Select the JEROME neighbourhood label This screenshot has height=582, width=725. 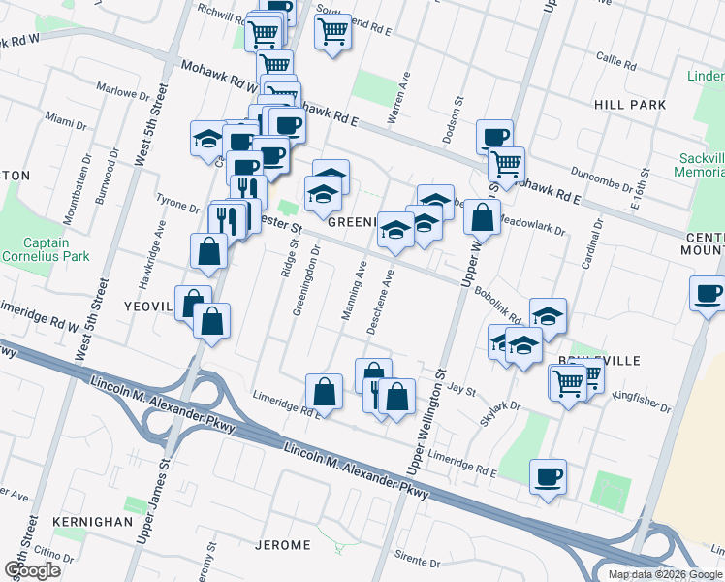(x=282, y=545)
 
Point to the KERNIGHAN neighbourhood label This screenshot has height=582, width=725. (x=93, y=521)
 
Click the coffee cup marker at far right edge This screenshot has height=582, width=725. (x=707, y=292)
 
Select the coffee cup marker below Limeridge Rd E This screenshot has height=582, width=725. (x=549, y=476)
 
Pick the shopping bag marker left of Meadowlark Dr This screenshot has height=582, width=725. (x=482, y=217)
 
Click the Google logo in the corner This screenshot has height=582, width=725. (x=32, y=570)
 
